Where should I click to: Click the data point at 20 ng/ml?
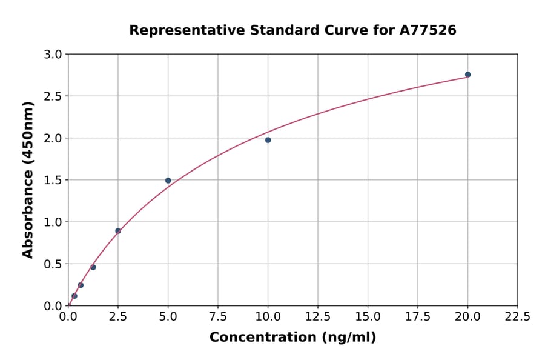pyautogui.click(x=467, y=75)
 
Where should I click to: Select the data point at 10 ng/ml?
pyautogui.click(x=268, y=140)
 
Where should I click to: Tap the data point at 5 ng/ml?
pyautogui.click(x=168, y=181)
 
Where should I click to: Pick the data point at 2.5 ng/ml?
pyautogui.click(x=118, y=231)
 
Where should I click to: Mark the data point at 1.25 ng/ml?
pyautogui.click(x=93, y=267)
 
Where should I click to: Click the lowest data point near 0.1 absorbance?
pyautogui.click(x=74, y=296)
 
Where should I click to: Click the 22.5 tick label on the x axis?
pyautogui.click(x=517, y=317)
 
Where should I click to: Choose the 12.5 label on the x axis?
pyautogui.click(x=318, y=317)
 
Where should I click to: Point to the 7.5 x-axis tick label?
pyautogui.click(x=218, y=317)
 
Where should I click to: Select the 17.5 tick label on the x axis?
pyautogui.click(x=417, y=317)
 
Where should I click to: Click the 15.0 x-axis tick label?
pyautogui.click(x=368, y=317)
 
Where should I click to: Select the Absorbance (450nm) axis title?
pyautogui.click(x=28, y=179)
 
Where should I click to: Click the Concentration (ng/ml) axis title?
pyautogui.click(x=292, y=338)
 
